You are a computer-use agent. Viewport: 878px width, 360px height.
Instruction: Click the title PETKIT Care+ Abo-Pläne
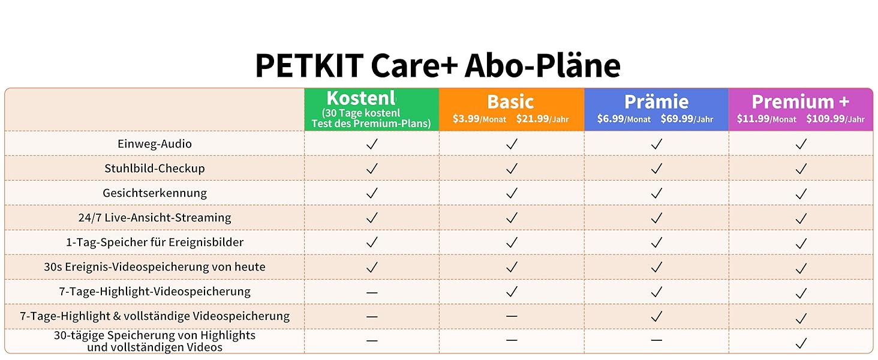(x=438, y=65)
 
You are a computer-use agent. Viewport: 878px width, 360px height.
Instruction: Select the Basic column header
(x=510, y=102)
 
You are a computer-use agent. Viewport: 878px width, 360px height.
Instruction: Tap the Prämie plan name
(x=656, y=102)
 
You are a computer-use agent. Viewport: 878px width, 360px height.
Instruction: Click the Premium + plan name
(x=801, y=102)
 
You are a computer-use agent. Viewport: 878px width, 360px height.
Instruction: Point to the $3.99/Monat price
(x=479, y=119)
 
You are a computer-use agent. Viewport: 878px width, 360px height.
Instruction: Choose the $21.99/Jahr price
(x=542, y=119)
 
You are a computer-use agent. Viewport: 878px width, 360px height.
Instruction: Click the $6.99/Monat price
(x=624, y=119)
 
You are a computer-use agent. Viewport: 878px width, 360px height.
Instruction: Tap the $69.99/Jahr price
(x=687, y=119)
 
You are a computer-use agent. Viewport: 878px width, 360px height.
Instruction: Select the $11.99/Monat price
(x=766, y=119)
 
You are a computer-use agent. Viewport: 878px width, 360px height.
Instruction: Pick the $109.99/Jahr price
(x=835, y=119)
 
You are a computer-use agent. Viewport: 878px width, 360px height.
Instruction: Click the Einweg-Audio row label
(x=155, y=144)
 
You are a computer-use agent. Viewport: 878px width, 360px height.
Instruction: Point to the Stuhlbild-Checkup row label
(x=155, y=169)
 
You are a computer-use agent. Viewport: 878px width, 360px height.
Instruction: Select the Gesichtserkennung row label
(x=155, y=193)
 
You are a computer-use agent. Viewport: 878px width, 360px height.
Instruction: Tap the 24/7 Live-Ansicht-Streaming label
(x=155, y=218)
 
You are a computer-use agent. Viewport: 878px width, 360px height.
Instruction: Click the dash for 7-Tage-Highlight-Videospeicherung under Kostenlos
(x=372, y=293)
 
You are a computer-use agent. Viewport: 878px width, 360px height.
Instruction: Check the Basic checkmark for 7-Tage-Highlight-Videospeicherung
(x=512, y=292)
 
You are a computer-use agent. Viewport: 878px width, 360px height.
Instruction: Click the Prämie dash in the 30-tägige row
(x=657, y=340)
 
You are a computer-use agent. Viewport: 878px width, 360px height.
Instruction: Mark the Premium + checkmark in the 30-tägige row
(x=801, y=343)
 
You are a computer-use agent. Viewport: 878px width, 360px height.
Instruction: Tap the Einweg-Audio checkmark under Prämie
(x=657, y=144)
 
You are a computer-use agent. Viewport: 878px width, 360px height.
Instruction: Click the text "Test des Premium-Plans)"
(x=371, y=124)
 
